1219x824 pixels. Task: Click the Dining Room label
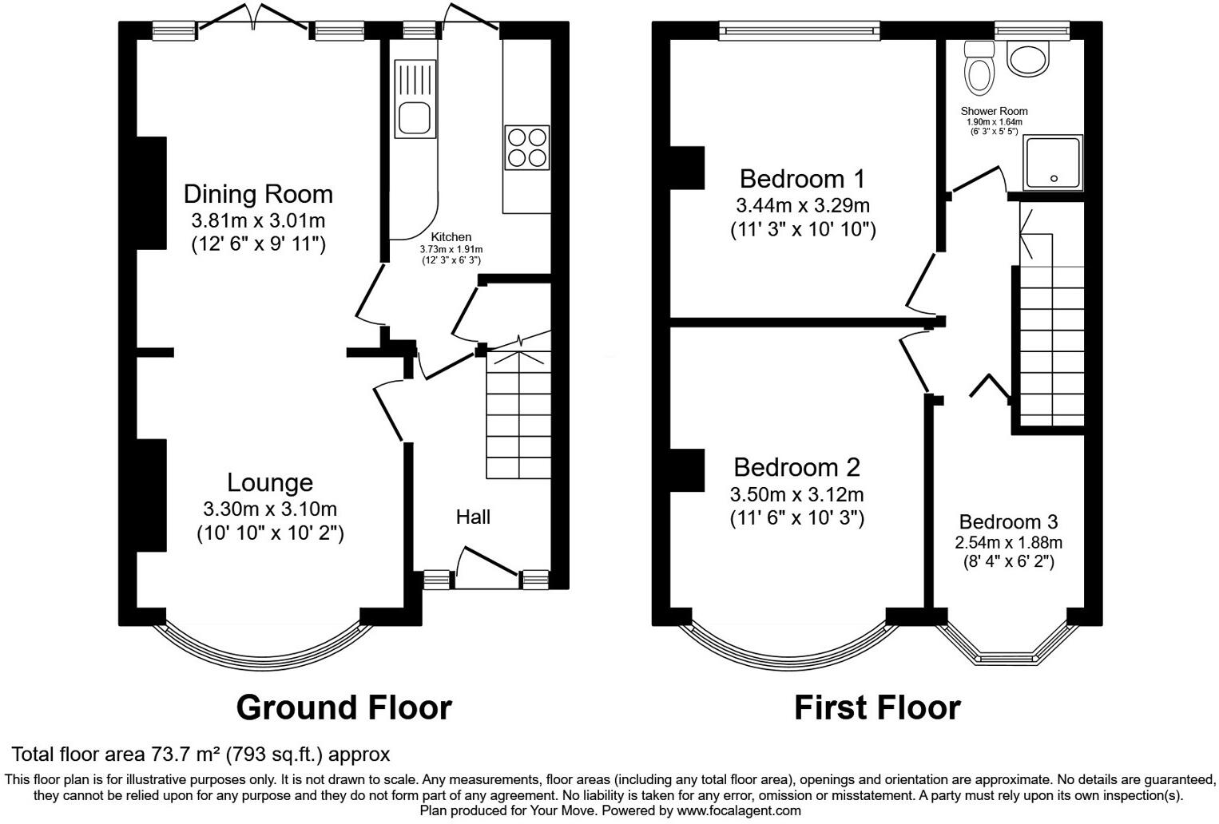tap(257, 194)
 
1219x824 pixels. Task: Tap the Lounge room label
tap(269, 482)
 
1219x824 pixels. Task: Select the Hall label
tap(473, 517)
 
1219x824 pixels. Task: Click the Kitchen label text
tap(451, 237)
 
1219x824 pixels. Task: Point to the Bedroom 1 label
tap(802, 178)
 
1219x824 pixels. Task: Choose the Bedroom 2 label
tap(796, 466)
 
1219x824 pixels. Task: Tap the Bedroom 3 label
tap(1008, 521)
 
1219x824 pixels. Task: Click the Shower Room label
tap(994, 111)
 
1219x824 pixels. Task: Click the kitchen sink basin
tap(415, 117)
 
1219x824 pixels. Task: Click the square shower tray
tap(1054, 163)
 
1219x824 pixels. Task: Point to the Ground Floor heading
tap(343, 707)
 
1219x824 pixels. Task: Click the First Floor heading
tap(876, 707)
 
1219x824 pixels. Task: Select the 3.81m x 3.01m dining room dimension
tap(257, 220)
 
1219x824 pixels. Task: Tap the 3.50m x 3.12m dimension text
tap(796, 494)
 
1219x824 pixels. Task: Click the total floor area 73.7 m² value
tap(184, 754)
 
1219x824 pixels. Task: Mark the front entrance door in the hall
tap(487, 561)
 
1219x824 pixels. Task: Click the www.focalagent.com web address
tap(738, 810)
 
